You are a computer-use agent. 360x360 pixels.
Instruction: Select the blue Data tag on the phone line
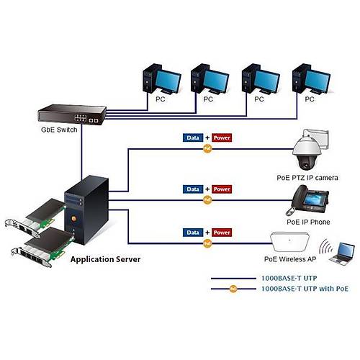192,189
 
